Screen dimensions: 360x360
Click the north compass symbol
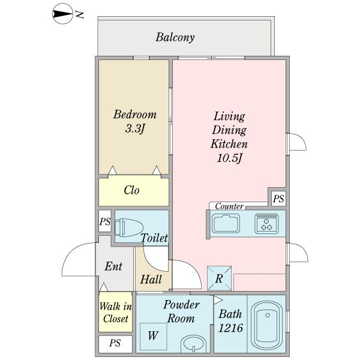click(x=60, y=13)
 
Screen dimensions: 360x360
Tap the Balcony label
click(x=175, y=38)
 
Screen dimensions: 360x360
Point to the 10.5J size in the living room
click(x=229, y=158)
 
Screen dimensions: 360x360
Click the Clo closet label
click(x=132, y=191)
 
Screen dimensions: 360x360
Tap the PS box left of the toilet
click(x=105, y=221)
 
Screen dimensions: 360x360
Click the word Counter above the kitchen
click(x=229, y=206)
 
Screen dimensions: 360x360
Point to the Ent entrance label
click(x=113, y=266)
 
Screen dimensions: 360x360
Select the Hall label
click(x=150, y=279)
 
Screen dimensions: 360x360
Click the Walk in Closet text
click(x=115, y=313)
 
